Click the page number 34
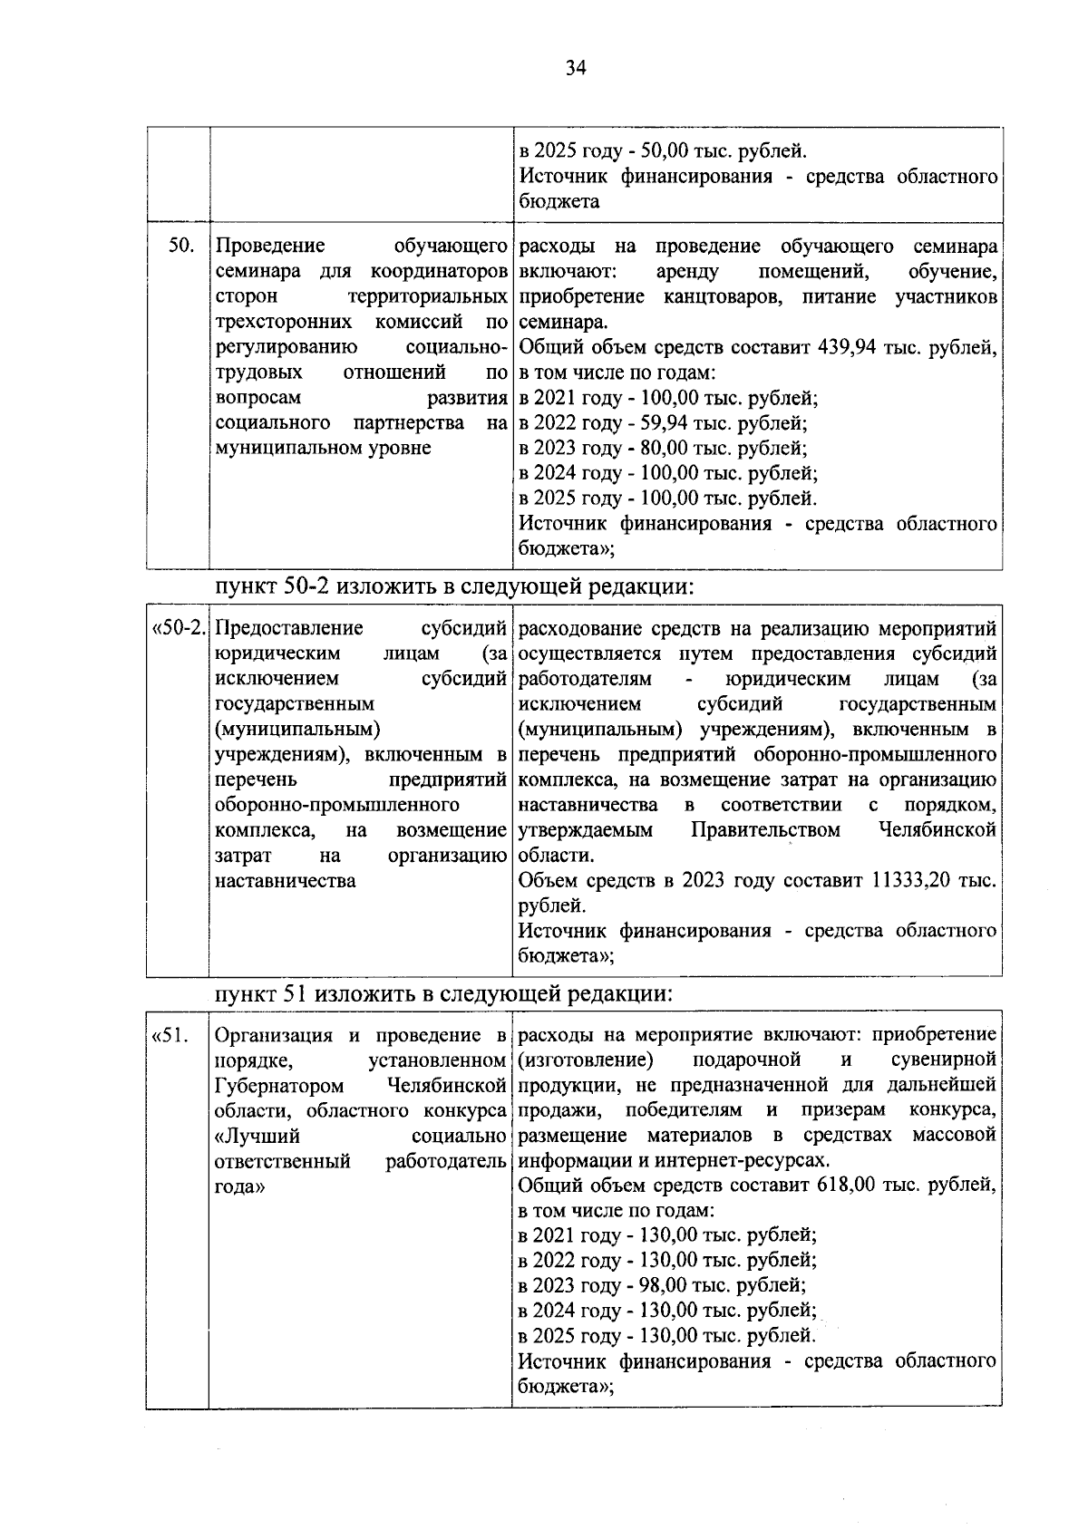[576, 69]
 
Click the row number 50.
[181, 247]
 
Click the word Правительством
[765, 830]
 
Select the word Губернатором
[279, 1086]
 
